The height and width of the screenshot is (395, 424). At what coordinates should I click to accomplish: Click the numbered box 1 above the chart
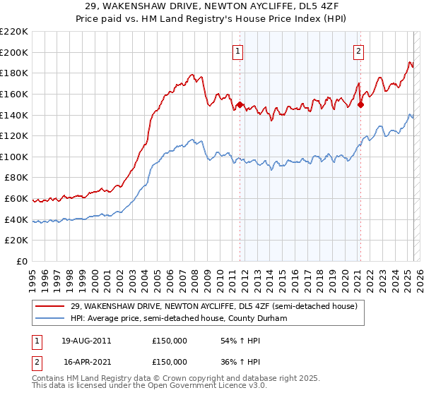[237, 51]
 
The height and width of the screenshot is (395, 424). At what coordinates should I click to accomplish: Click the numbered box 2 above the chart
[359, 51]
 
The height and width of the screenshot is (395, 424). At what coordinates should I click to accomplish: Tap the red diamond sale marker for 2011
[240, 105]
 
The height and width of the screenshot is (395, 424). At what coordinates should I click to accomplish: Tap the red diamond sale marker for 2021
[360, 105]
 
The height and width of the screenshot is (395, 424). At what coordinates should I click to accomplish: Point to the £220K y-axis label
[14, 32]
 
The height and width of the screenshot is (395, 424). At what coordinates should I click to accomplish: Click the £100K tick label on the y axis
[14, 157]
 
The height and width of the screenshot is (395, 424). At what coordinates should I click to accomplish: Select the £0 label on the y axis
[22, 261]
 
